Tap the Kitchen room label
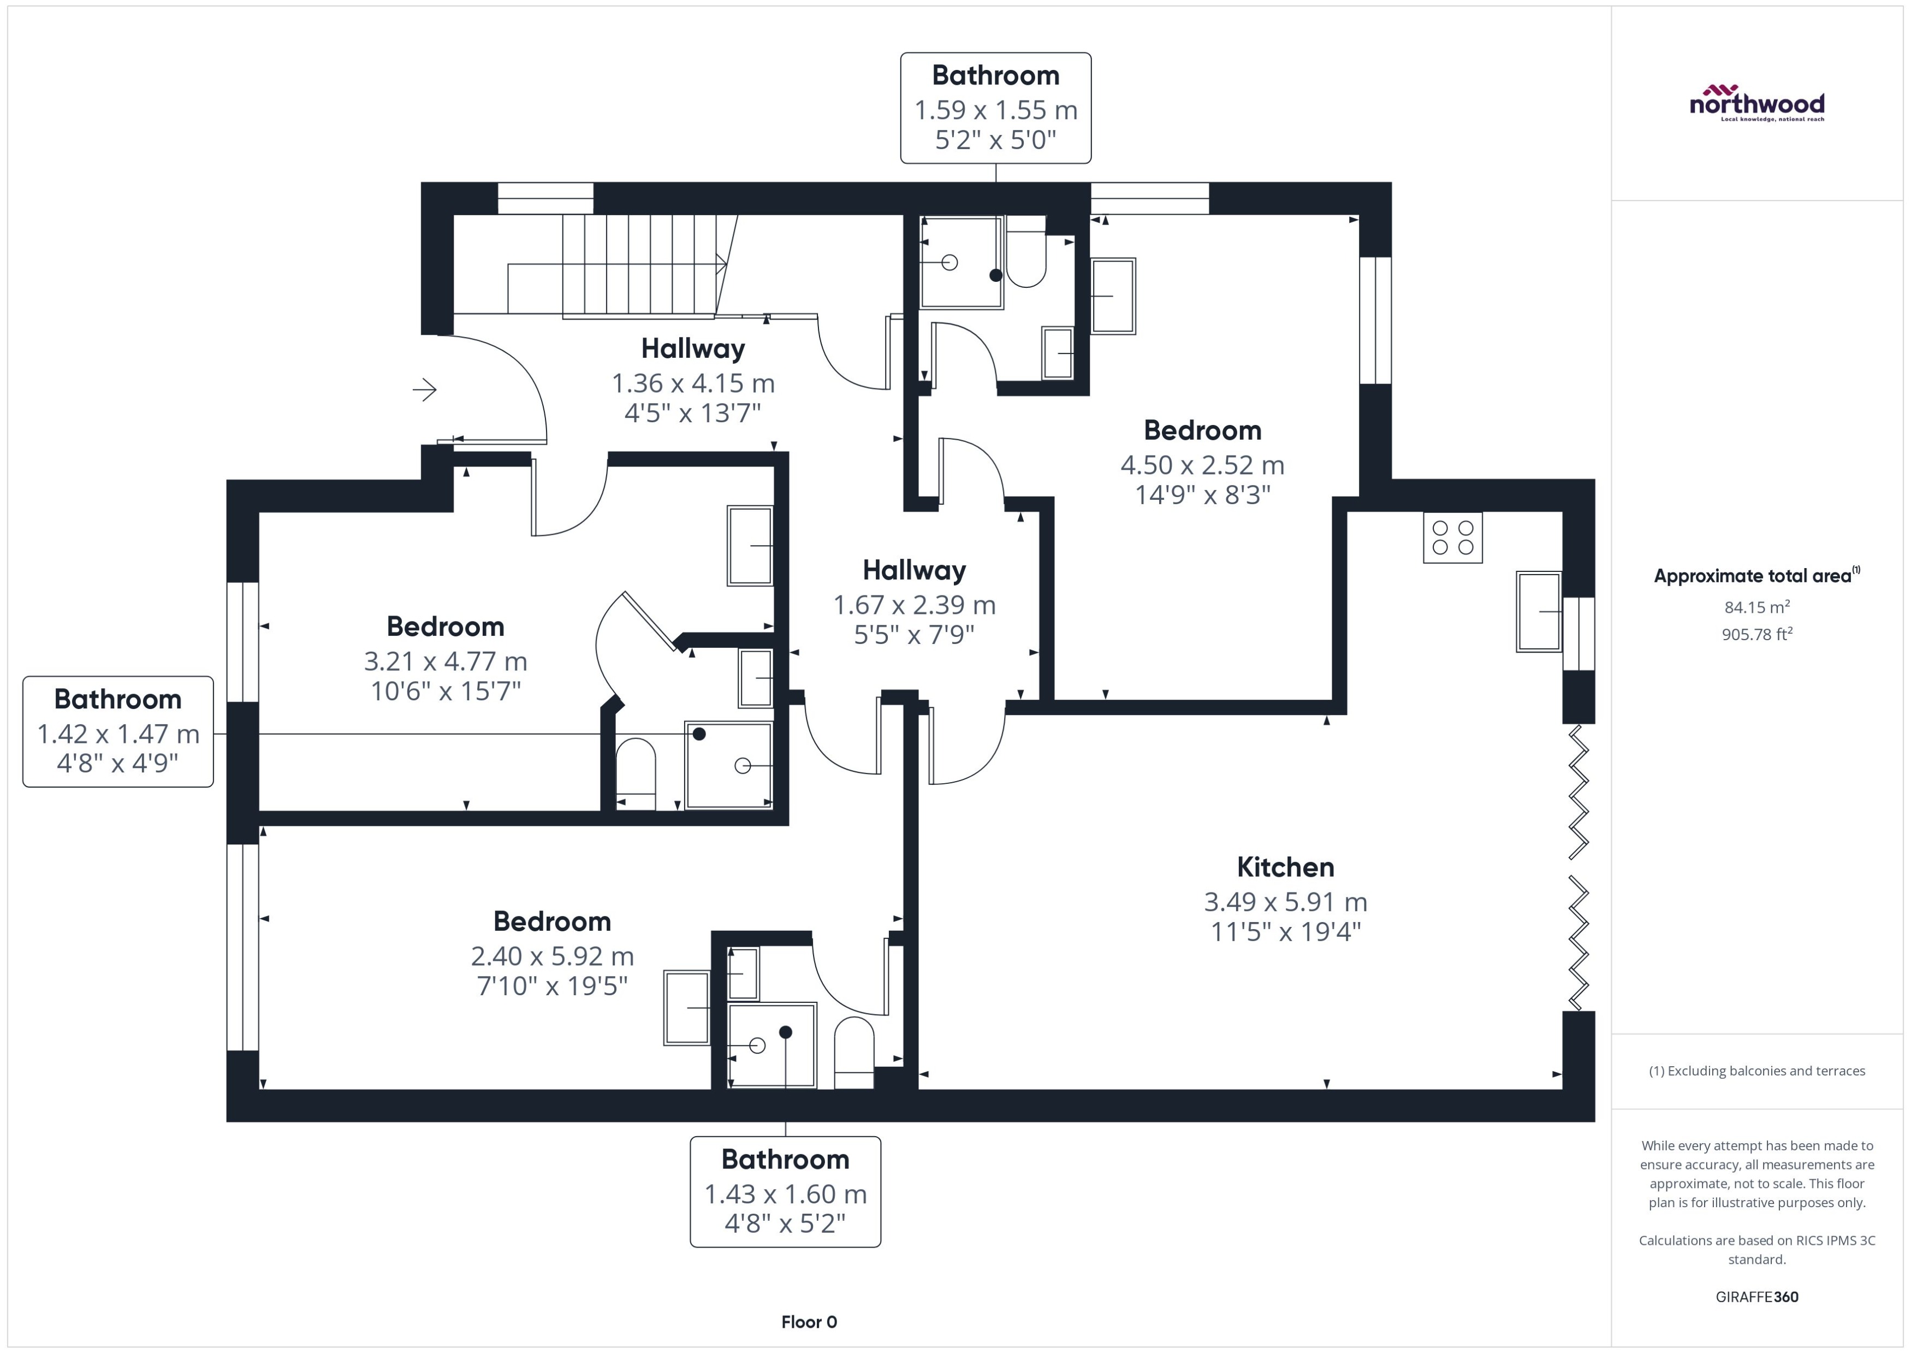pyautogui.click(x=1285, y=867)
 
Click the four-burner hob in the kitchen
pyautogui.click(x=1452, y=538)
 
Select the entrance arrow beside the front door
pyautogui.click(x=425, y=389)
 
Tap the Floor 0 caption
pyautogui.click(x=809, y=1321)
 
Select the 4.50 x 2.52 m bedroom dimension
pyautogui.click(x=1202, y=465)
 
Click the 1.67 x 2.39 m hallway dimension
pyautogui.click(x=915, y=605)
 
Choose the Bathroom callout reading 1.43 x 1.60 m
pyautogui.click(x=785, y=1191)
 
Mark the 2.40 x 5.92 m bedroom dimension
pyautogui.click(x=552, y=955)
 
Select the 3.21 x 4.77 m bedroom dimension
pyautogui.click(x=446, y=661)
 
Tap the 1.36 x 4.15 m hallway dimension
pyautogui.click(x=693, y=383)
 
